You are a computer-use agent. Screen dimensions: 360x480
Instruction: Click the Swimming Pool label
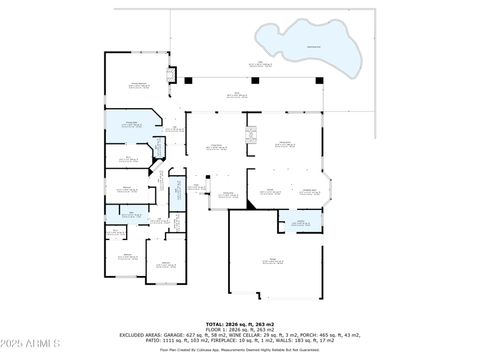pos(314,46)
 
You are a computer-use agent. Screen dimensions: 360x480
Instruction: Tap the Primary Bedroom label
pos(139,85)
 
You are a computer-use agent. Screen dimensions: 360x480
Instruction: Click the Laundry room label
pos(301,222)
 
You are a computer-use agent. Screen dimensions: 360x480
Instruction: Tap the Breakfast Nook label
pos(310,192)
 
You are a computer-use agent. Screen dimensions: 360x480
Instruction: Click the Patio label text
pos(260,64)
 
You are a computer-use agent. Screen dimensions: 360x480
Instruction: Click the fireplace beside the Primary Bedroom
pos(172,74)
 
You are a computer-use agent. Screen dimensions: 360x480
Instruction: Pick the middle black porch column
pos(255,80)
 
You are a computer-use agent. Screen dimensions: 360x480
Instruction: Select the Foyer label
pos(196,186)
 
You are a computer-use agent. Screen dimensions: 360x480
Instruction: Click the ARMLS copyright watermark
pos(30,344)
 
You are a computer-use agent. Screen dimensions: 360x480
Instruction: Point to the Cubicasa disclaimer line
pos(240,349)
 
